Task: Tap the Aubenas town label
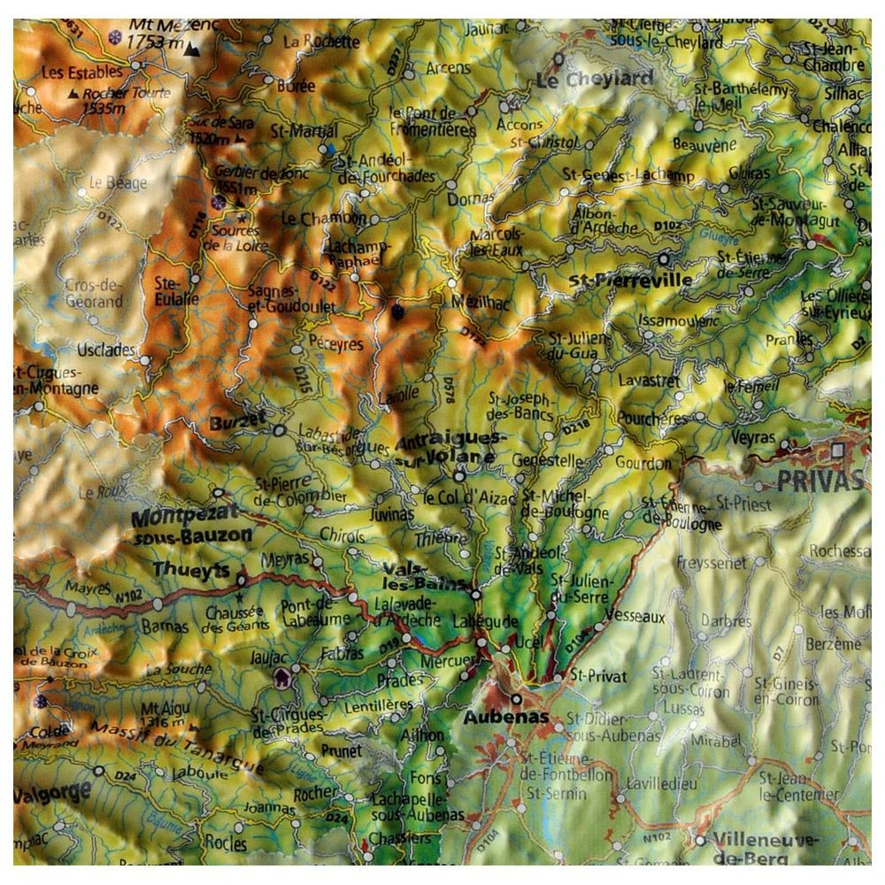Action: coord(505,718)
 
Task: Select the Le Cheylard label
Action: coord(594,79)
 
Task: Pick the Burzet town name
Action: coord(237,423)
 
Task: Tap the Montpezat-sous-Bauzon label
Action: coord(191,527)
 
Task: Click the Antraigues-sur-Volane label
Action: coord(450,450)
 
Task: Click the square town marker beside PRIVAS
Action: coord(838,450)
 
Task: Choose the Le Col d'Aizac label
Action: coord(467,498)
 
